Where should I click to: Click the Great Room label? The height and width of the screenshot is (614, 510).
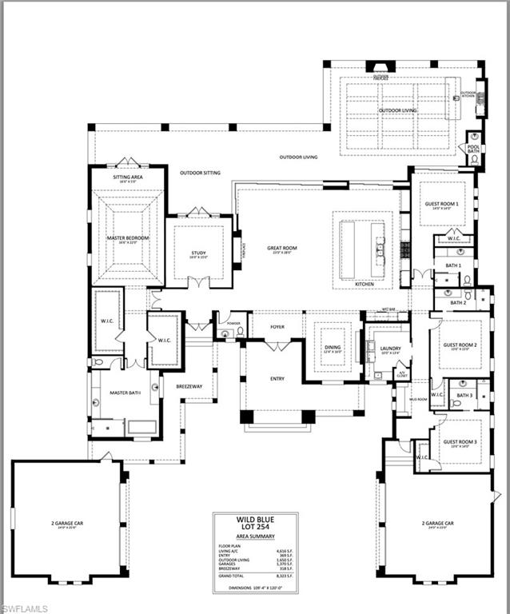pos(282,249)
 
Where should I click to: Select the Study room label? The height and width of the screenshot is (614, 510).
pos(198,253)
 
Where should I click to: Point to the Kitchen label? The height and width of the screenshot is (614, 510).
pos(364,284)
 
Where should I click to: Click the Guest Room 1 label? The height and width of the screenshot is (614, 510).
pos(440,204)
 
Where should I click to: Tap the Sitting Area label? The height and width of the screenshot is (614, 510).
pos(128,179)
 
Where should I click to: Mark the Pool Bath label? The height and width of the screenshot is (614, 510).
pos(473,149)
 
